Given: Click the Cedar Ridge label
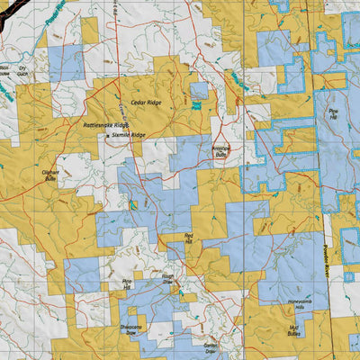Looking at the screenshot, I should point(150,103).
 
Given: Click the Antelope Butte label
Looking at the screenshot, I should point(220,151).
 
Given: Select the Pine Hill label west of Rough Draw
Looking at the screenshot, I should point(127,284).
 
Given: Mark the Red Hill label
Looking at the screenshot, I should point(189,237).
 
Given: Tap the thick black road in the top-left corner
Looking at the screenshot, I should point(9,11).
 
